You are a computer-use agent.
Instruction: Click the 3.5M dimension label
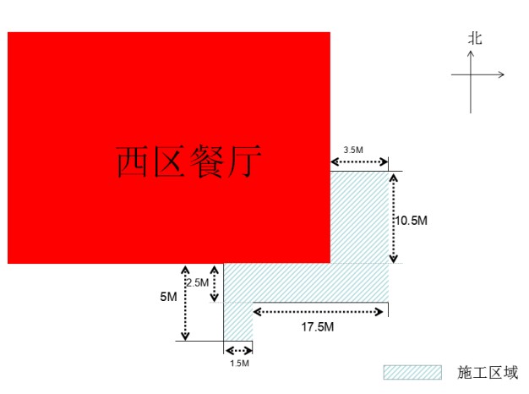click(353, 150)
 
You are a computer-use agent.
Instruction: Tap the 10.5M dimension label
click(412, 221)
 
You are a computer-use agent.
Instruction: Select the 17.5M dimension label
click(318, 327)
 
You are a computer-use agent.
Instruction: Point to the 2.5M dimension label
click(198, 282)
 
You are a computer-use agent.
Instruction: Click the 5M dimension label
click(168, 297)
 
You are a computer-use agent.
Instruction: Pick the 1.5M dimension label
click(239, 364)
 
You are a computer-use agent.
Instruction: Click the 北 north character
click(475, 39)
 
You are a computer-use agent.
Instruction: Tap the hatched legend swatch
click(412, 372)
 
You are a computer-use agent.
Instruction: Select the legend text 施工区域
click(488, 372)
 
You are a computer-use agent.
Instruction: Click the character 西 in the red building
click(132, 161)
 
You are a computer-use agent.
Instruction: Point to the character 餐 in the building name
click(206, 161)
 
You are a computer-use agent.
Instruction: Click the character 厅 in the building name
click(244, 161)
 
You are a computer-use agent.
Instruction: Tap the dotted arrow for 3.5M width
click(359, 162)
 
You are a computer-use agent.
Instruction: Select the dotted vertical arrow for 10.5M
click(394, 218)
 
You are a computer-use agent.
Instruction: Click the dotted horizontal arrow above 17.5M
click(318, 312)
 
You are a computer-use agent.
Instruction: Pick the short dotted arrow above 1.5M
click(238, 351)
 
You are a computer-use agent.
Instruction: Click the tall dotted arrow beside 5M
click(185, 303)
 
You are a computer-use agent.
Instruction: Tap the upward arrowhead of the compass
click(471, 53)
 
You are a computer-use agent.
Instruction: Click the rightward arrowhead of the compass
click(501, 74)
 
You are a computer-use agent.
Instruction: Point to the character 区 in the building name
click(170, 161)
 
